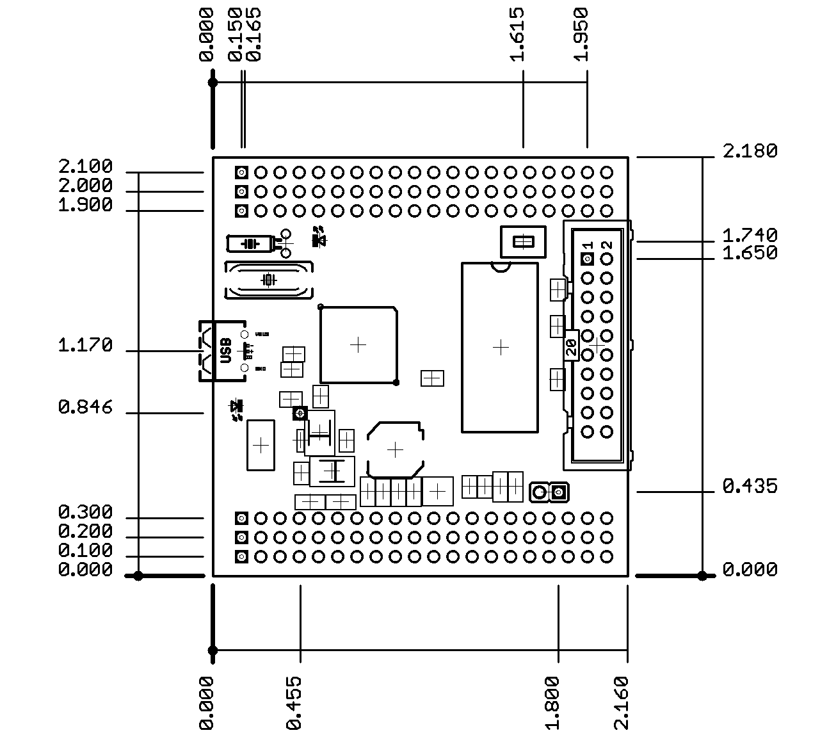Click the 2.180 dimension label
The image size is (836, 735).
pyautogui.click(x=750, y=151)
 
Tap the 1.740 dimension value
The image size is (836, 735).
pyautogui.click(x=750, y=235)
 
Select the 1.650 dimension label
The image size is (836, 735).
pyautogui.click(x=750, y=253)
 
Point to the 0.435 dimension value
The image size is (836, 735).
pyautogui.click(x=750, y=487)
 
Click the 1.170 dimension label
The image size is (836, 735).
pyautogui.click(x=85, y=346)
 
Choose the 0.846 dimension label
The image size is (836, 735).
pyautogui.click(x=85, y=407)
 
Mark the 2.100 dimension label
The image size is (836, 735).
pyautogui.click(x=85, y=166)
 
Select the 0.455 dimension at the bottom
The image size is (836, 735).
pyautogui.click(x=294, y=702)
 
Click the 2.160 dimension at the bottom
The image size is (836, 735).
pyautogui.click(x=621, y=702)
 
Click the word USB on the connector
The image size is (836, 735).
pyautogui.click(x=225, y=351)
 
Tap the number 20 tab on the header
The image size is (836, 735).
pyautogui.click(x=571, y=348)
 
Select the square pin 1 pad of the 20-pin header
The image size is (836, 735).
pyautogui.click(x=588, y=259)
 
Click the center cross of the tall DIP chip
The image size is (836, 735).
pyautogui.click(x=501, y=347)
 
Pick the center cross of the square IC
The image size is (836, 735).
pyautogui.click(x=358, y=345)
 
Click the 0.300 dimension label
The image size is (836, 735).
pyautogui.click(x=85, y=512)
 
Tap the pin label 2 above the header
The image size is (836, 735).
pyautogui.click(x=607, y=245)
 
